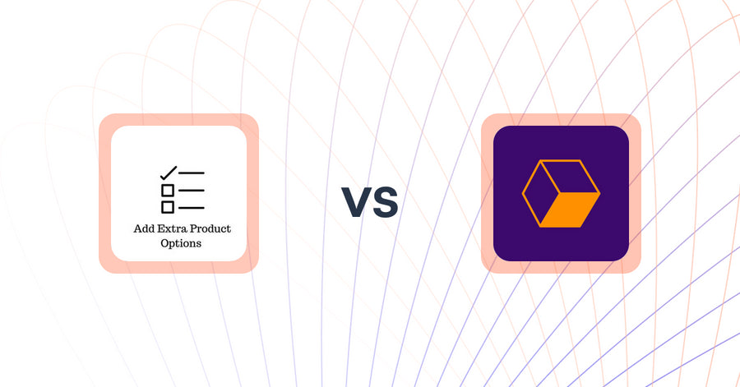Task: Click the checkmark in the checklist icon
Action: pyautogui.click(x=169, y=173)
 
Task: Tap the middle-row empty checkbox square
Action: pyautogui.click(x=167, y=190)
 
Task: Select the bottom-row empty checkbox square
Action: pyautogui.click(x=167, y=207)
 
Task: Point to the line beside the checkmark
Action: pyautogui.click(x=192, y=173)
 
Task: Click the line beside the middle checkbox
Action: pyautogui.click(x=192, y=190)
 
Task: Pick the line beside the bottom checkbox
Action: pyautogui.click(x=192, y=207)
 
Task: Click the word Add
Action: pyautogui.click(x=143, y=228)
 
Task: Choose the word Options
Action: pyautogui.click(x=182, y=243)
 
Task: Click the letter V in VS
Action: pyautogui.click(x=356, y=202)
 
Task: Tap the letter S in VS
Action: pyautogui.click(x=385, y=202)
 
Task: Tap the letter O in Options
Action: pyautogui.click(x=165, y=243)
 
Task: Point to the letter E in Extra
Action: pyautogui.click(x=160, y=228)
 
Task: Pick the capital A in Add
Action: pyautogui.click(x=137, y=228)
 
